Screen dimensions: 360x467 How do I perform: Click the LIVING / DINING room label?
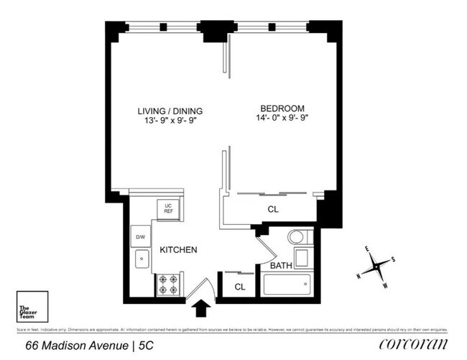(170, 111)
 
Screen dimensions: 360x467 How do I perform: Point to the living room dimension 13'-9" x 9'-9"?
(170, 121)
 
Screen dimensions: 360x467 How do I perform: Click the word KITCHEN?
(178, 250)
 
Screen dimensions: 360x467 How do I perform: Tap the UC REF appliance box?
(169, 208)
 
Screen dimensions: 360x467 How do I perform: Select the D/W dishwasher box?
(139, 236)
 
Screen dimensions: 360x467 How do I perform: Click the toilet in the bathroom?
(296, 238)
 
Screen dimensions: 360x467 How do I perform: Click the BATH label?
(281, 266)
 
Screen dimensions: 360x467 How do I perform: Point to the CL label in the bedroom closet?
(273, 210)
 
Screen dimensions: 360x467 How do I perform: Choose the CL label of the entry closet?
(240, 287)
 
